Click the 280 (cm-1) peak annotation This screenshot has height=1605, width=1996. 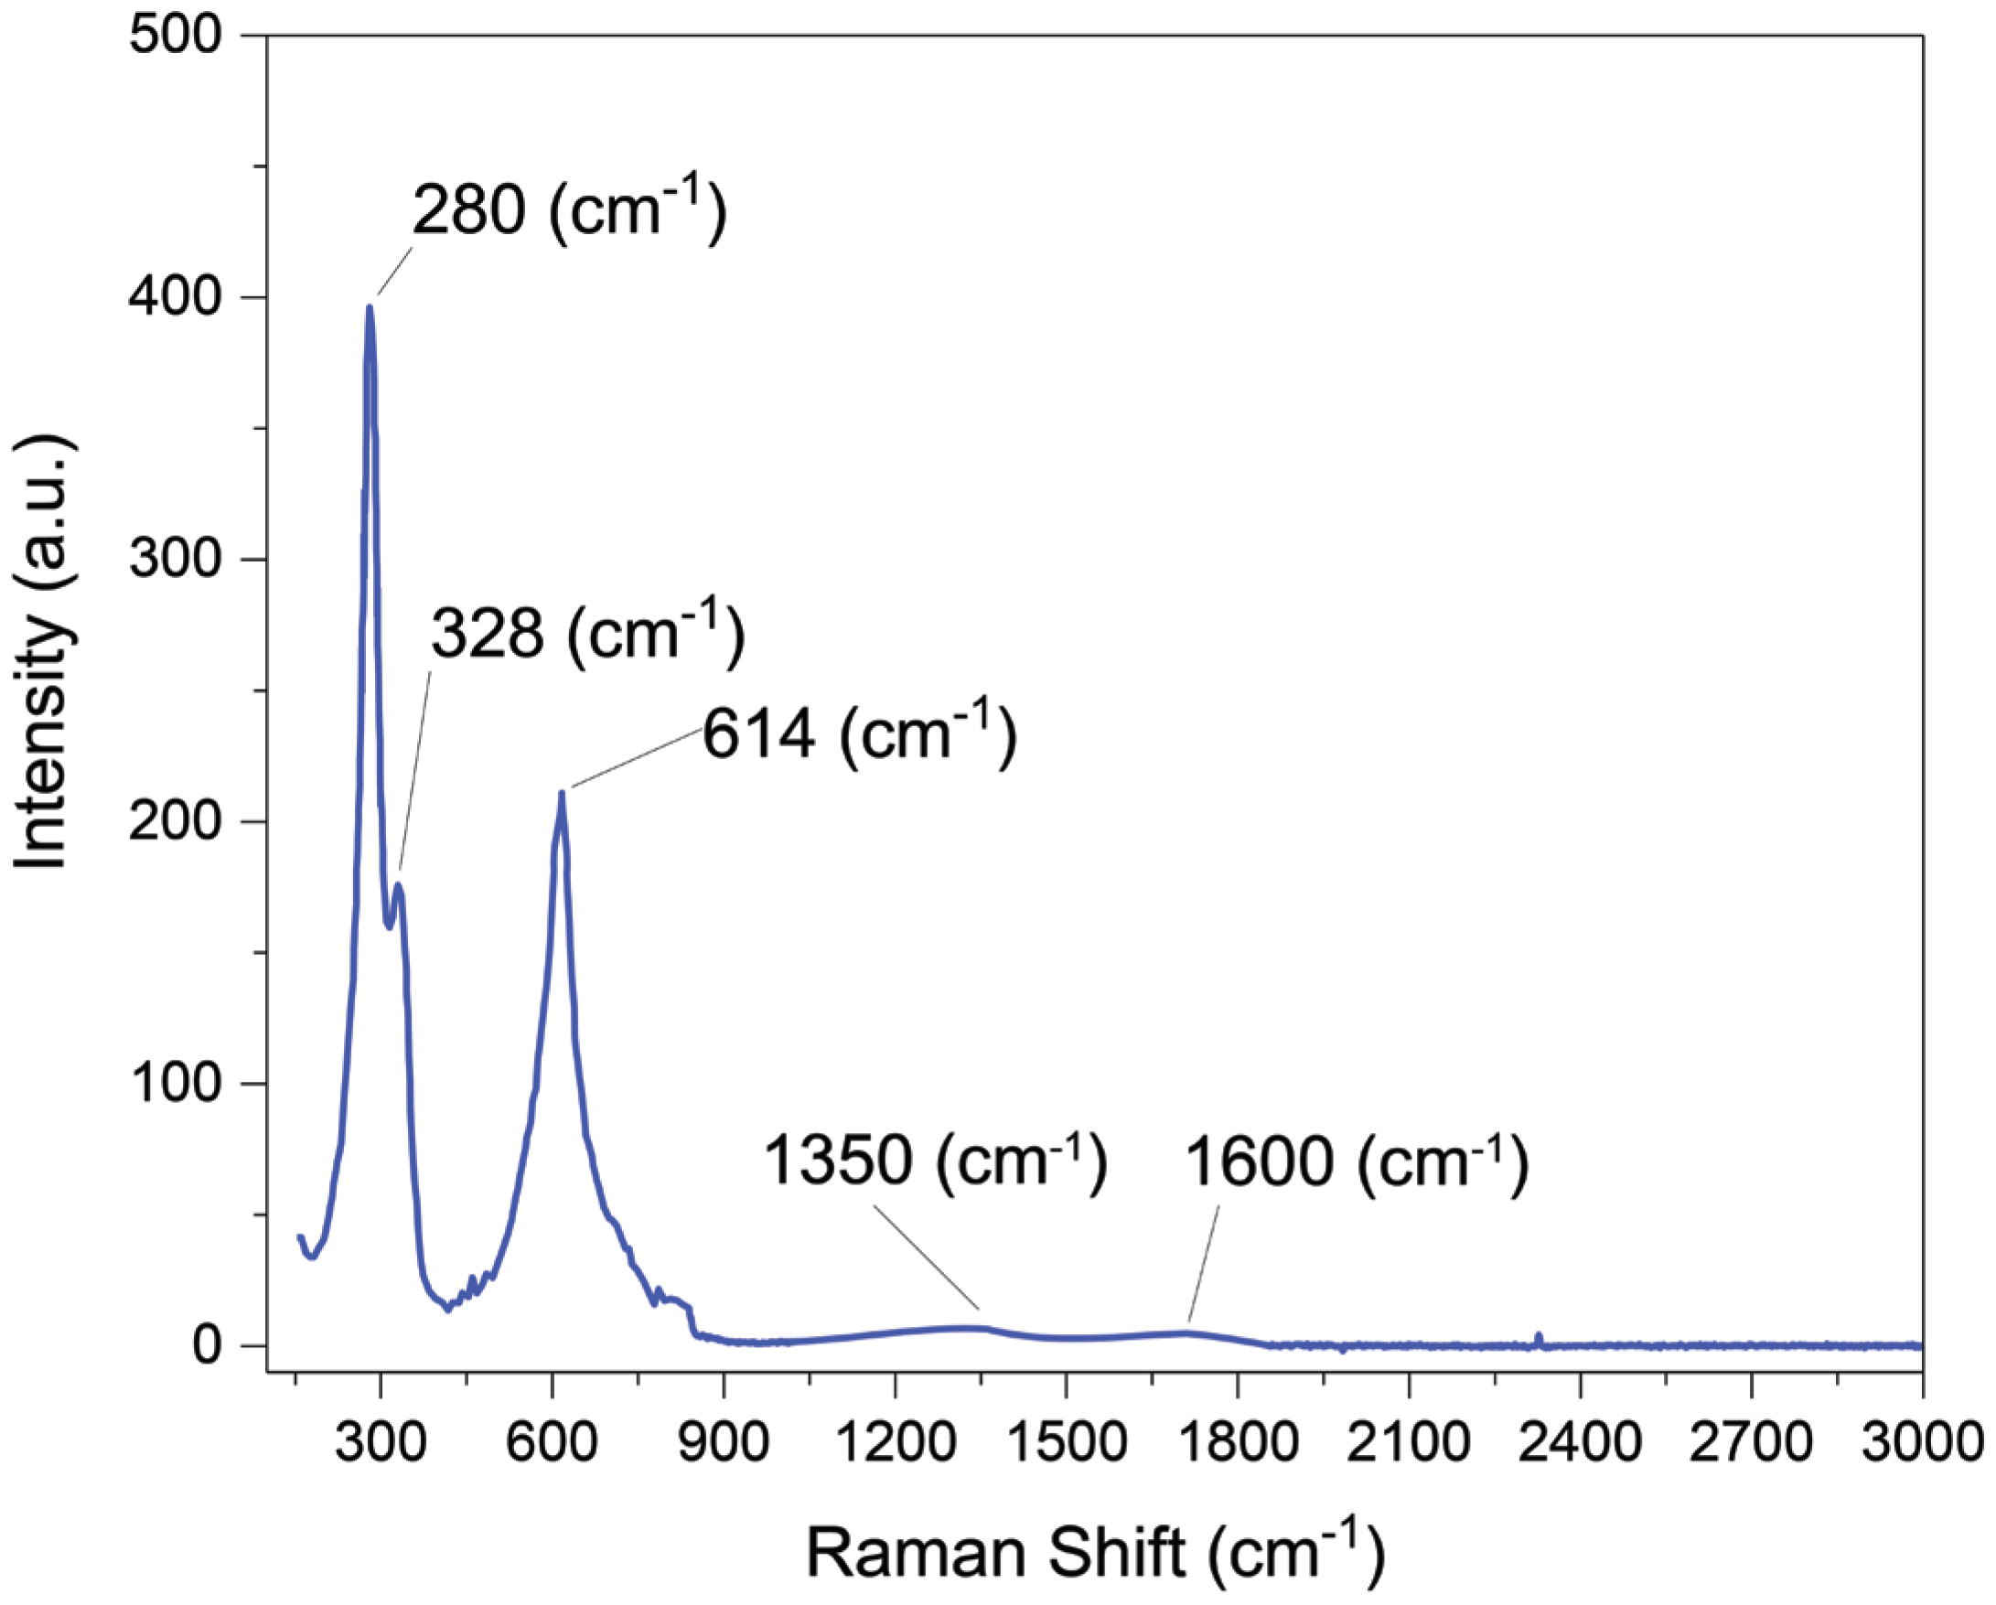pos(568,211)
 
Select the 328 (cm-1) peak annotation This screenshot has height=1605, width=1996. pos(587,635)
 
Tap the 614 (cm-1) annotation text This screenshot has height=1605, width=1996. pos(859,734)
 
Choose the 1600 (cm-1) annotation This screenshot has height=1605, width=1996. pos(1357,1162)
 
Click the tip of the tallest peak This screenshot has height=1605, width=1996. pos(370,308)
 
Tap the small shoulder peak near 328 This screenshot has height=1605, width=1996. pos(399,886)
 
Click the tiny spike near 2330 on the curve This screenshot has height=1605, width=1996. pos(1538,1335)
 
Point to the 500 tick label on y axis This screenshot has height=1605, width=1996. pos(176,36)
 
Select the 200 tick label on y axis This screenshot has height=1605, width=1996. pos(176,821)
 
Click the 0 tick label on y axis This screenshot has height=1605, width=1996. pos(208,1345)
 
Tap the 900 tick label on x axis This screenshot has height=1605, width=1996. pos(723,1443)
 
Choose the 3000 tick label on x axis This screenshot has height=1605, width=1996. pos(1922,1443)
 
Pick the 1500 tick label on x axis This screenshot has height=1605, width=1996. pos(1066,1443)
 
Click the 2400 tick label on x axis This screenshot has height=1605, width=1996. pos(1580,1443)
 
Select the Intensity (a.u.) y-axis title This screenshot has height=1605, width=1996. pos(42,653)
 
